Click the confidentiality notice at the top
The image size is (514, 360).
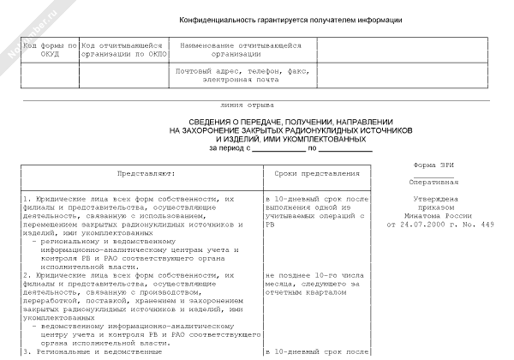(x=290, y=20)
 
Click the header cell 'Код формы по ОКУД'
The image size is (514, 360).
(x=49, y=49)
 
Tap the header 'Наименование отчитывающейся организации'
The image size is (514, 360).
(x=240, y=49)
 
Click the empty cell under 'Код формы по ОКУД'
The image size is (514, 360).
(x=49, y=75)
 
